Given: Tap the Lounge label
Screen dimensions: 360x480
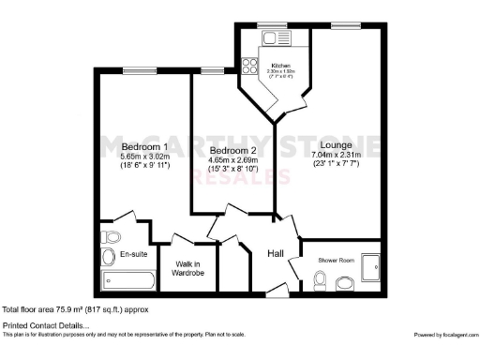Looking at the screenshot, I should pyautogui.click(x=335, y=146).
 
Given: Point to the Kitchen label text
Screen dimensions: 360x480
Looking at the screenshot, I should pyautogui.click(x=279, y=65).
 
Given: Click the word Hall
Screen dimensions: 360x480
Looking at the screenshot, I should pyautogui.click(x=277, y=253).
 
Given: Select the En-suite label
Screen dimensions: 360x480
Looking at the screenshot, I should pyautogui.click(x=133, y=254).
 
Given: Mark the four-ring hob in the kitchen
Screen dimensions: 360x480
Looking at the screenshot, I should pyautogui.click(x=250, y=67).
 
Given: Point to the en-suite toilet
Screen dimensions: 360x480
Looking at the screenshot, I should pyautogui.click(x=109, y=237).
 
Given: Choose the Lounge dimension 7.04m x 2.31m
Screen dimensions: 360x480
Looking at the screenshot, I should pyautogui.click(x=335, y=157).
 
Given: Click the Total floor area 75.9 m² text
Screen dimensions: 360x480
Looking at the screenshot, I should pyautogui.click(x=75, y=308).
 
